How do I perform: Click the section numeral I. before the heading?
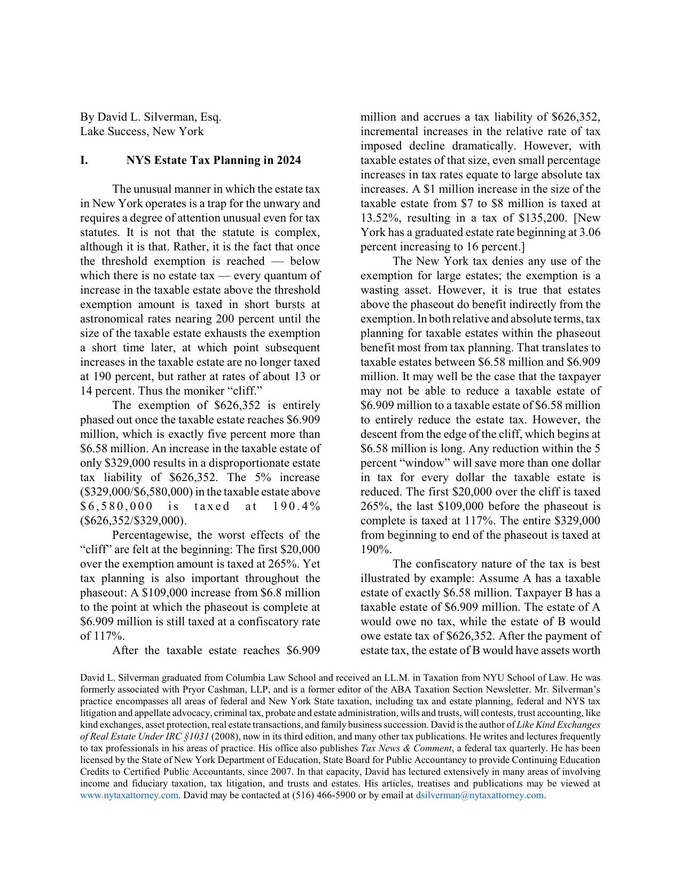[84, 160]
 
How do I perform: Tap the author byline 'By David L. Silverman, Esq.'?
[151, 117]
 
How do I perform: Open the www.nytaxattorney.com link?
[129, 795]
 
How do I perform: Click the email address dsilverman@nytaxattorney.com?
[479, 795]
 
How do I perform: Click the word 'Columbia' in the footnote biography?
[231, 678]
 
